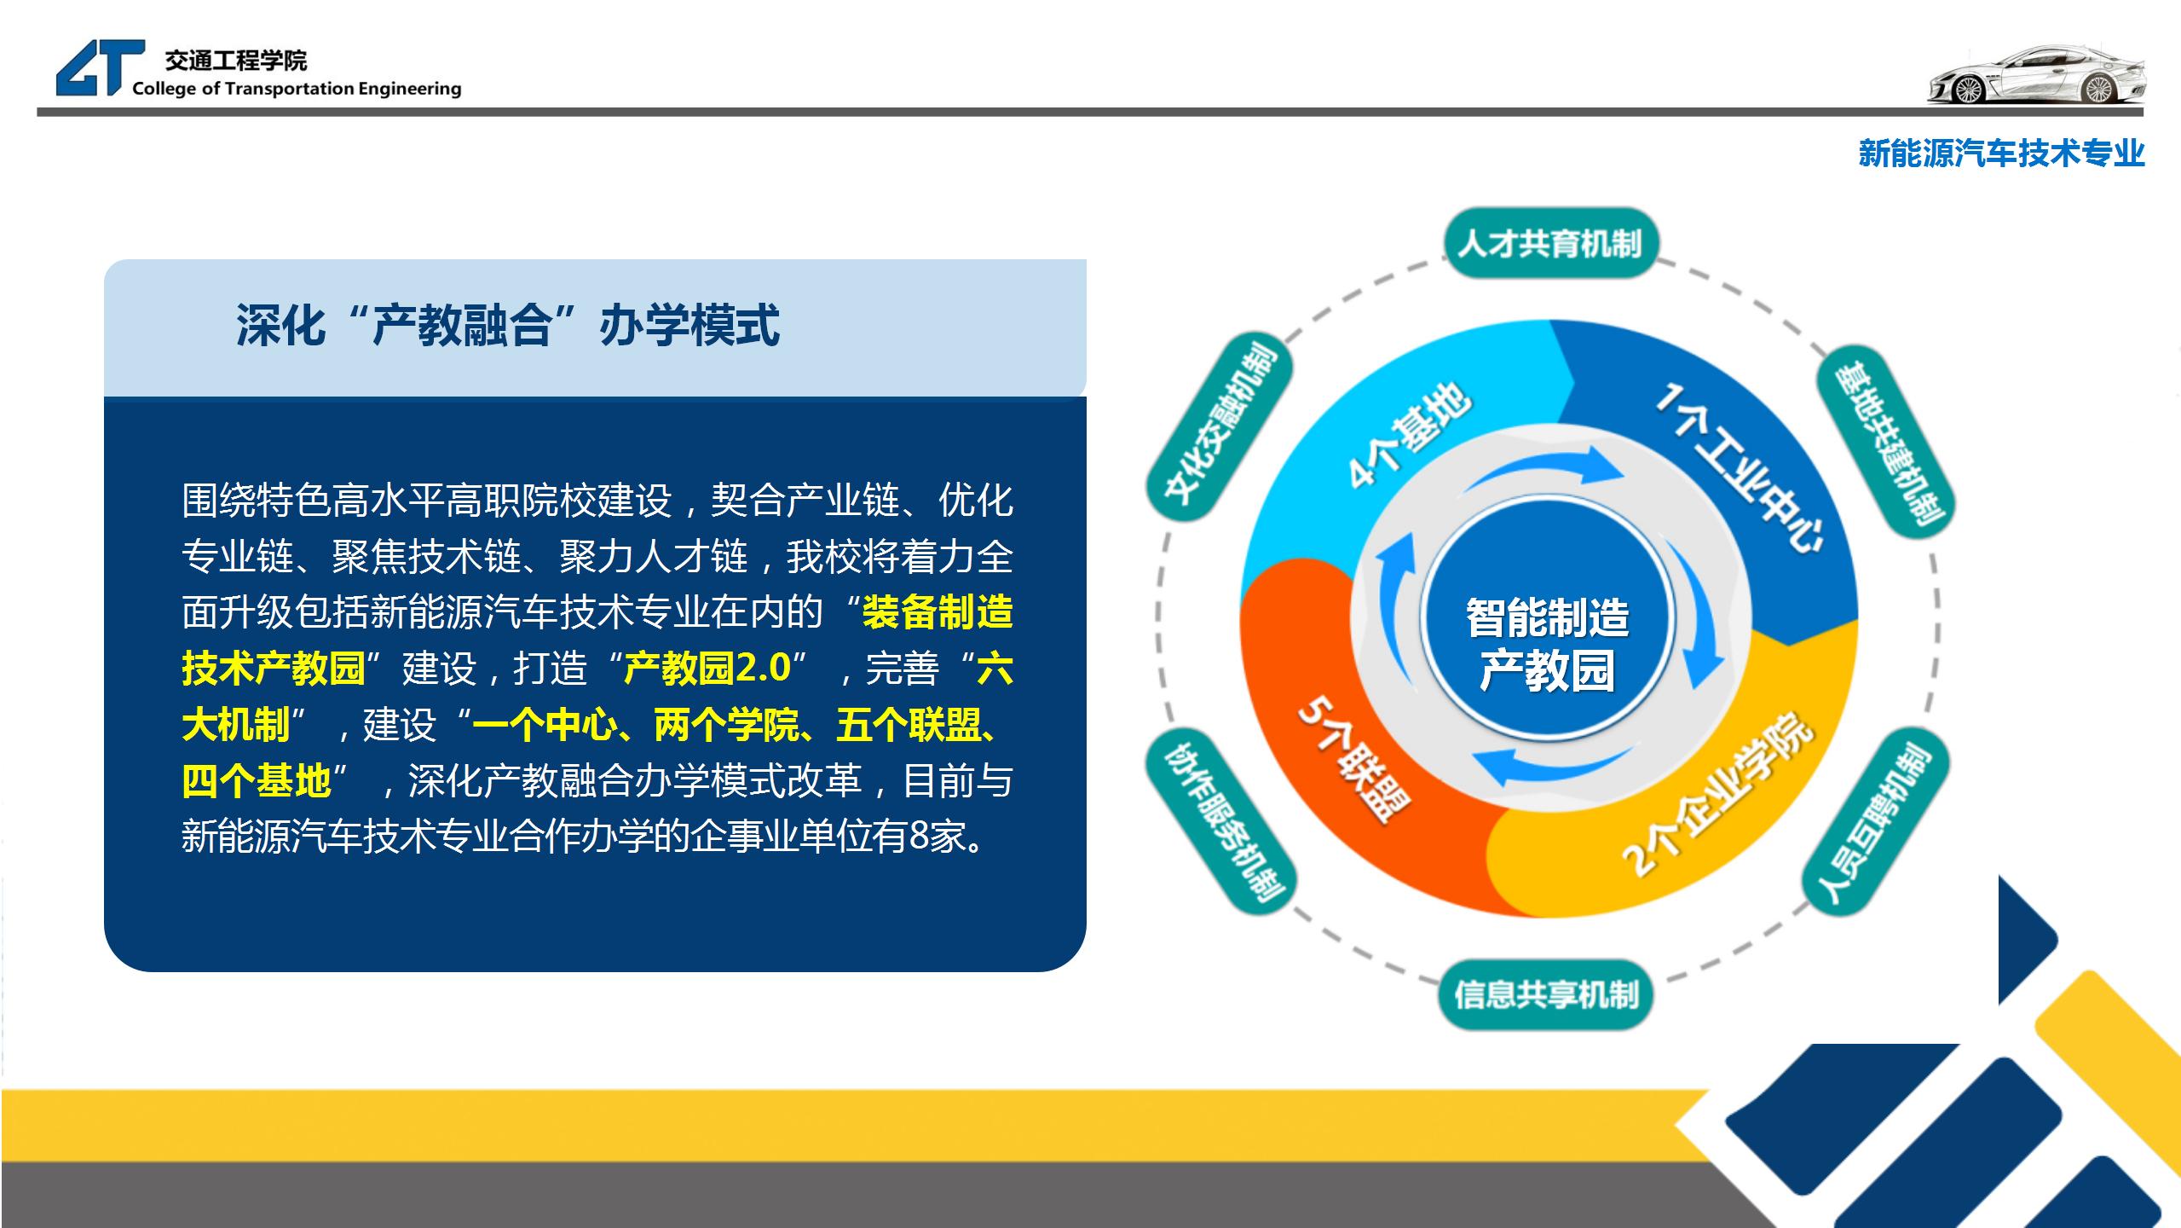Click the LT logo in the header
click(101, 68)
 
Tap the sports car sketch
click(2035, 74)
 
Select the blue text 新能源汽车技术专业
click(2001, 153)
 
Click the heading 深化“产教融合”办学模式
click(508, 326)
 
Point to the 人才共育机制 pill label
click(1549, 244)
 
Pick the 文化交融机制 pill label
click(1220, 423)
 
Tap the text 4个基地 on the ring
click(1410, 435)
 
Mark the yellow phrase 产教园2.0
click(708, 669)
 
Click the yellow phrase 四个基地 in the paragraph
click(256, 781)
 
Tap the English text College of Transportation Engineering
click(297, 89)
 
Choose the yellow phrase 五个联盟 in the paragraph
click(909, 725)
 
